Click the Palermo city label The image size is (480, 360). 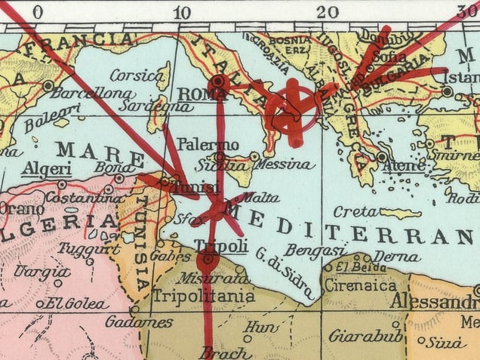(208, 144)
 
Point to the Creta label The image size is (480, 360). (355, 211)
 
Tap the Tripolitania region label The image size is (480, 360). (204, 297)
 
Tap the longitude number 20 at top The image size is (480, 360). (327, 11)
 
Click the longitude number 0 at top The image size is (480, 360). (37, 11)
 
